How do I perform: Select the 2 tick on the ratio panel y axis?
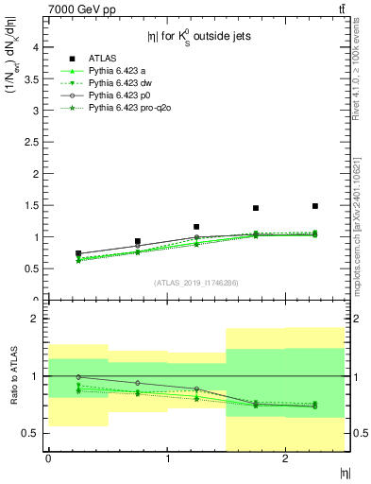pos(36,319)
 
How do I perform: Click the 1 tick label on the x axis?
pos(167,458)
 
